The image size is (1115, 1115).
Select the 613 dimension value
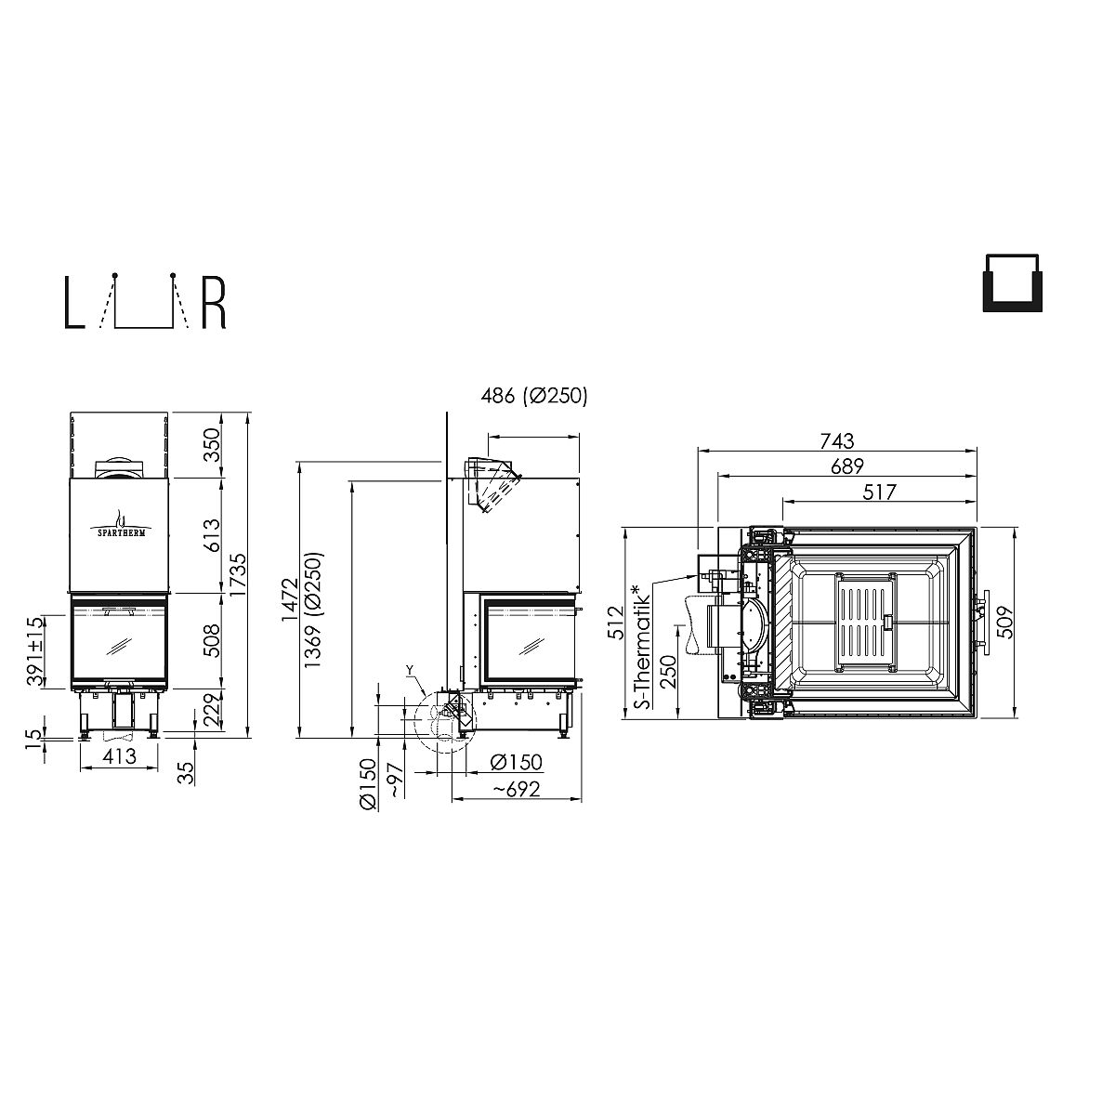[213, 534]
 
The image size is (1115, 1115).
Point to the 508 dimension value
[213, 640]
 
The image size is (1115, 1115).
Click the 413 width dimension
[119, 755]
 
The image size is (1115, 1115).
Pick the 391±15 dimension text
[34, 651]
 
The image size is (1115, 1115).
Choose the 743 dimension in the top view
[836, 441]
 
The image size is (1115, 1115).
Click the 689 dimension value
[846, 466]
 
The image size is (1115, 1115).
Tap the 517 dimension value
[878, 492]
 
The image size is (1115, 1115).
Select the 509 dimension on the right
[1007, 622]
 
